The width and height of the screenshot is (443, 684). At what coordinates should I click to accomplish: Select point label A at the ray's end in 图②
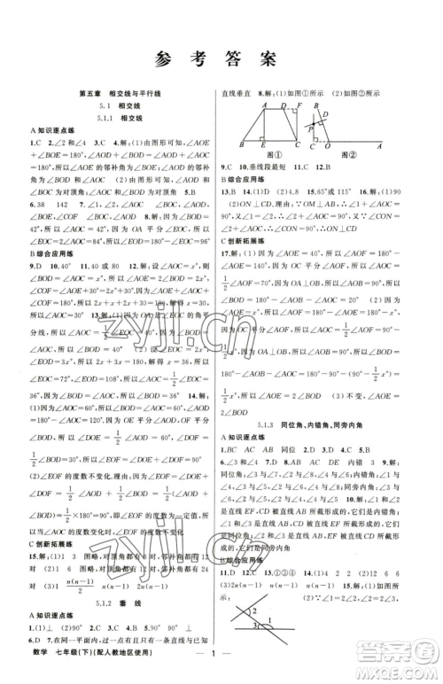pos(380,146)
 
